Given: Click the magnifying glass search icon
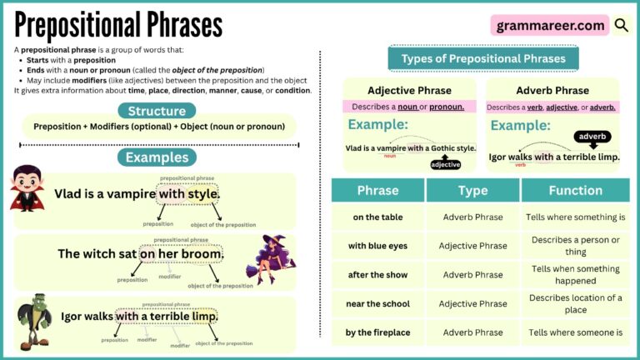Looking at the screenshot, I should click(622, 25).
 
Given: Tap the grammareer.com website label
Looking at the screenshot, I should click(550, 25).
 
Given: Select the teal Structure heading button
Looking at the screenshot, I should click(157, 111).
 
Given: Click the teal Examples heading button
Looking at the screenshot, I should click(157, 157).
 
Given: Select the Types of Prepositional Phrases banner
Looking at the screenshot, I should click(482, 58).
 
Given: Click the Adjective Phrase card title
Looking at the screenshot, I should click(409, 90).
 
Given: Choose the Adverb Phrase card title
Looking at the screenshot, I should click(551, 90).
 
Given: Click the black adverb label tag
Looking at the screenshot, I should click(592, 136).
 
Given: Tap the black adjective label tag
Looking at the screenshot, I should click(445, 164).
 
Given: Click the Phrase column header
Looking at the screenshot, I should click(377, 190).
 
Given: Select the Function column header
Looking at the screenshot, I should click(575, 190).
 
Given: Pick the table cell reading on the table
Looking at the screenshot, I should click(377, 217).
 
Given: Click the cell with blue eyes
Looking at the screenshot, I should click(377, 246).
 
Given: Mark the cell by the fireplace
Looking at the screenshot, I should click(377, 332).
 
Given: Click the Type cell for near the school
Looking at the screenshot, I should click(473, 303).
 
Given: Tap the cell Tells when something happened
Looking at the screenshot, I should click(575, 275).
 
